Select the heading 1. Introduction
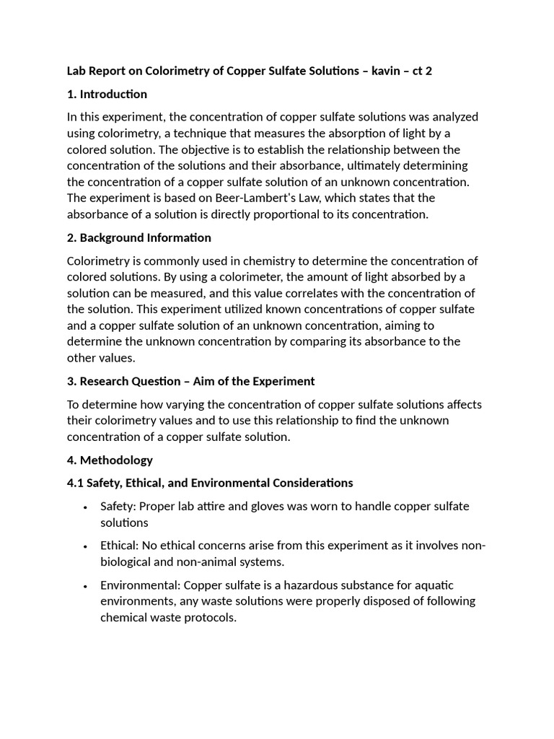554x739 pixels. click(107, 94)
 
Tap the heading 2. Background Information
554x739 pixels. click(138, 237)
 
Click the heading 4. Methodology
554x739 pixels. click(110, 460)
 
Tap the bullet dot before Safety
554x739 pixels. click(86, 507)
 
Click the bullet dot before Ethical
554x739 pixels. click(86, 546)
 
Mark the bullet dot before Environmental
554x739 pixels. click(86, 586)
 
